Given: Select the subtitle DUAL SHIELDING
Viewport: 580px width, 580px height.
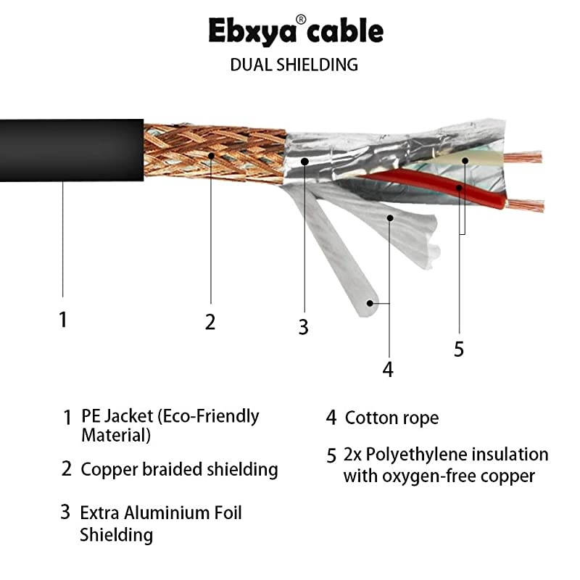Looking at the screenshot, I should coord(294,65).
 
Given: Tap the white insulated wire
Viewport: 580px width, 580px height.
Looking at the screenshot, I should coord(464,161).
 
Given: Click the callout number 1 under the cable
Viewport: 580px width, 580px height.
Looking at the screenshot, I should coord(63,319).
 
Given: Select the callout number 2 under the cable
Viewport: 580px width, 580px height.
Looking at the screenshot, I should coord(210,322).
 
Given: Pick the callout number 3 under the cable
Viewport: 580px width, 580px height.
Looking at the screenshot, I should coord(303,327).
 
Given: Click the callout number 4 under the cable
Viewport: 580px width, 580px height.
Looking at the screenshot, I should coord(388,369).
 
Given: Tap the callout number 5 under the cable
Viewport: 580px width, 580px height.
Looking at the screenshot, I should coord(458,349).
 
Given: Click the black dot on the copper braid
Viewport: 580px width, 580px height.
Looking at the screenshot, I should coord(211,154).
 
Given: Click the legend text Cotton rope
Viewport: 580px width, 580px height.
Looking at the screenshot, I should coord(391,418).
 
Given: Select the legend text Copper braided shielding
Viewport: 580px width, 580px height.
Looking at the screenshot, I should coord(179,469).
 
